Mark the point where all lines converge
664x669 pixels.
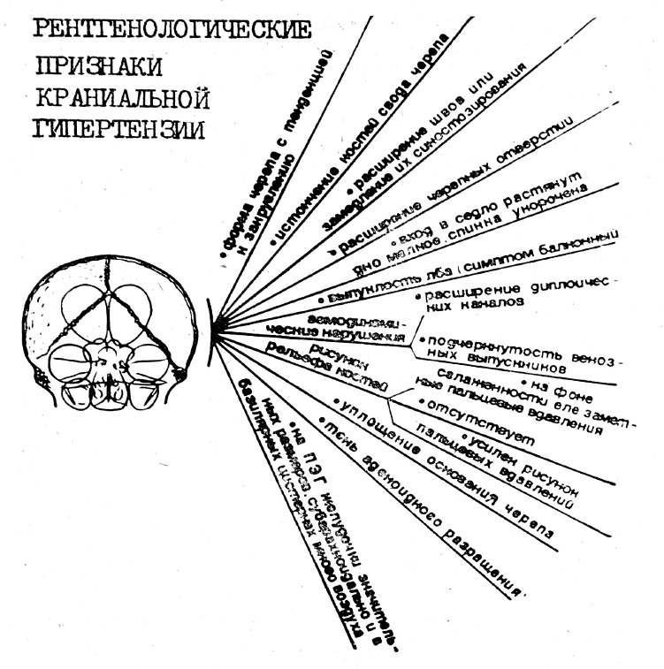(212, 330)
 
